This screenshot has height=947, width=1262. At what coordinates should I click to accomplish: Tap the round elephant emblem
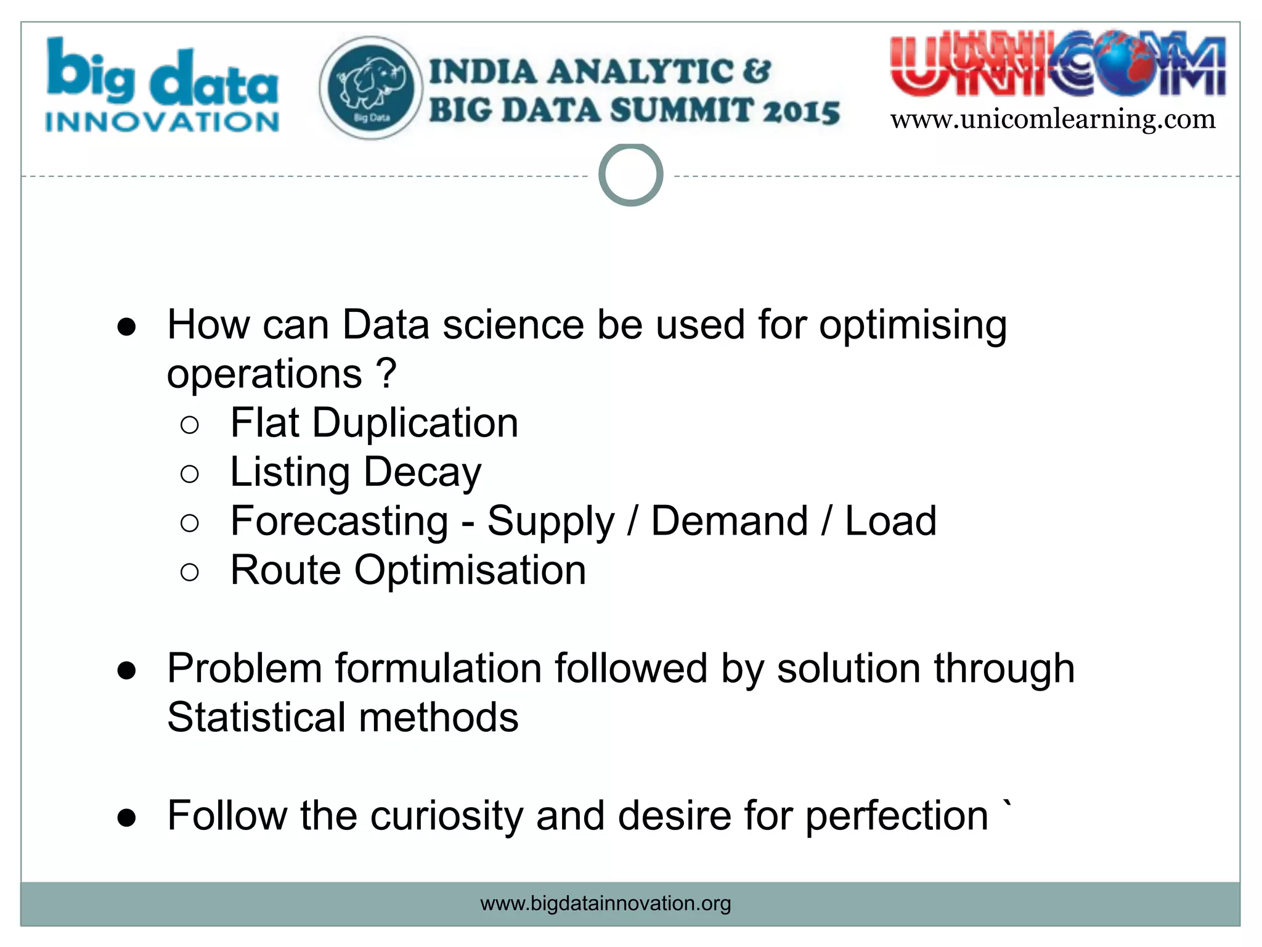click(x=371, y=88)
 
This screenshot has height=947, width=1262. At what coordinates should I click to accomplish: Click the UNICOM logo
click(x=1057, y=67)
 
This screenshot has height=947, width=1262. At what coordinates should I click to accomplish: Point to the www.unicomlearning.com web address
click(x=1053, y=119)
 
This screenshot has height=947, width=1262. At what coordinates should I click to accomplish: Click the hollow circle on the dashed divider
click(x=630, y=175)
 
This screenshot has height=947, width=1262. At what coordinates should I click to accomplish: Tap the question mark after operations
click(x=386, y=374)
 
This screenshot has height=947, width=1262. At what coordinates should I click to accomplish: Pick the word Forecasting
click(x=339, y=521)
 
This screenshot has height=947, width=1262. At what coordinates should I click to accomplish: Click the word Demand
click(x=729, y=521)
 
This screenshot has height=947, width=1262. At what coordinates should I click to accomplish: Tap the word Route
click(x=285, y=570)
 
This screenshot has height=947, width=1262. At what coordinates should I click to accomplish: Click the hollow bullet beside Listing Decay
click(x=190, y=473)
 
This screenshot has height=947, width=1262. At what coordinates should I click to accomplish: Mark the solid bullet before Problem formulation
click(x=127, y=670)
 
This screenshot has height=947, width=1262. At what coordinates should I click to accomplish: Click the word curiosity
click(x=446, y=816)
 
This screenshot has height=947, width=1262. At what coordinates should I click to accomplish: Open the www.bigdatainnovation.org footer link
click(x=605, y=903)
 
